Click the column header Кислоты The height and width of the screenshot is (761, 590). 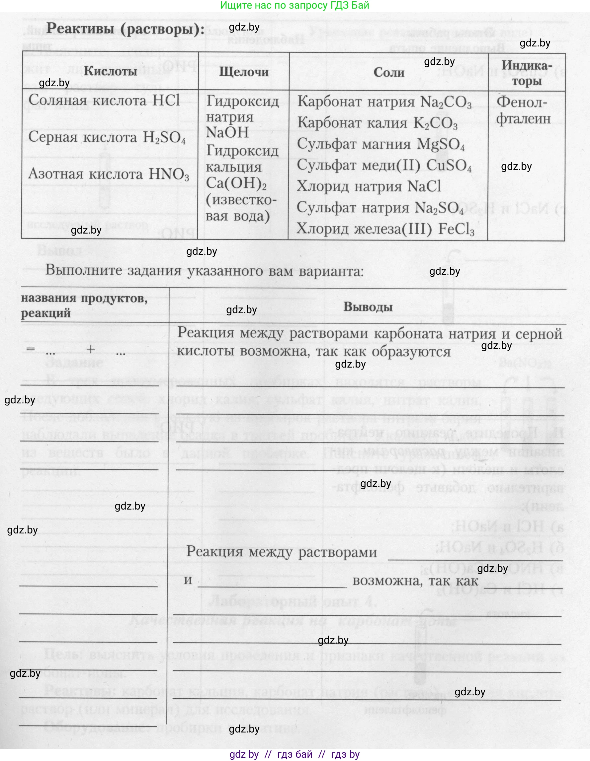pos(110,71)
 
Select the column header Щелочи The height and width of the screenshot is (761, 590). pos(244,72)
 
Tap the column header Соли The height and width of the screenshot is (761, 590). pos(389,72)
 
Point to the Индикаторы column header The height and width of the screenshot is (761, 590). pos(527,73)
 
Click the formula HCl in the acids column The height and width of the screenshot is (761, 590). pos(166,101)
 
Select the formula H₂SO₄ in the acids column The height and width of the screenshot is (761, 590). pos(164,138)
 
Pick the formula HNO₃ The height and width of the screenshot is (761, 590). pos(169,174)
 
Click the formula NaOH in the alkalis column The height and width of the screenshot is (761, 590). pos(227,133)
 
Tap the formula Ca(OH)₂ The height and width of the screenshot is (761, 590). pos(236,183)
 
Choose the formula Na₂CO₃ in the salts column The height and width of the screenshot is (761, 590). pos(446,103)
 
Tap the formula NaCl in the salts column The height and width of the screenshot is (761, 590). pos(424,186)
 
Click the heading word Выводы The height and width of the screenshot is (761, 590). pos(368,307)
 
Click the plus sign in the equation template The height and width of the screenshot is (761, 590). pos(91,349)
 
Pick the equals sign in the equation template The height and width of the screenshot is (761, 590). pos(31,349)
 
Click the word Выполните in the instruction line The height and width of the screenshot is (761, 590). pos(84,270)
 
